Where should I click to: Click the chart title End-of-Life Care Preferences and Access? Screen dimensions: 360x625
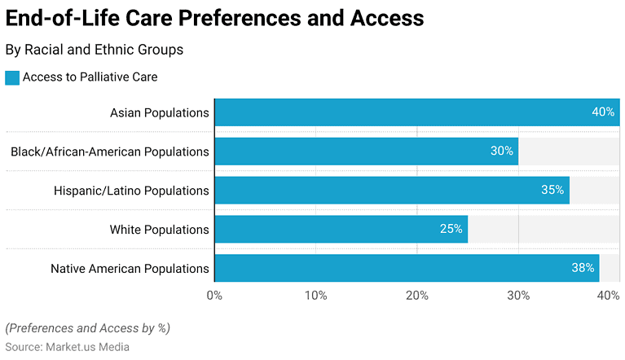click(214, 19)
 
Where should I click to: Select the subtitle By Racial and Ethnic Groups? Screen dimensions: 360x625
click(94, 50)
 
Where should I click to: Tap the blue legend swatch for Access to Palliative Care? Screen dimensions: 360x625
click(12, 77)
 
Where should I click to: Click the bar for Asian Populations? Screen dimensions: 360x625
click(416, 112)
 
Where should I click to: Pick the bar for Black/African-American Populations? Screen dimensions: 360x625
click(366, 151)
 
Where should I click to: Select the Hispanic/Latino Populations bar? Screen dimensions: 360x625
click(391, 191)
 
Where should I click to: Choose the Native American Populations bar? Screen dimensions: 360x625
click(407, 268)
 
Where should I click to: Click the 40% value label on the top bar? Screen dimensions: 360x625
click(603, 112)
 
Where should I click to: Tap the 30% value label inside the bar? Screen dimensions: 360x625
click(502, 151)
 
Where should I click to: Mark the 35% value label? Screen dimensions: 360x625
click(552, 191)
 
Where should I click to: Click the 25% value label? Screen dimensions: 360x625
click(451, 230)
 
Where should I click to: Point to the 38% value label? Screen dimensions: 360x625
click(583, 268)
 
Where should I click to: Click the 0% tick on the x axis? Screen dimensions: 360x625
click(214, 295)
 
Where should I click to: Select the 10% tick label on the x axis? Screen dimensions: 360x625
click(316, 295)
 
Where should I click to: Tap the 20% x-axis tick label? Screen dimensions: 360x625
click(417, 295)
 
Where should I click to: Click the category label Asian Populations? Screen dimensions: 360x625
click(159, 112)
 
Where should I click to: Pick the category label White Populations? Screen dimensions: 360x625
click(159, 230)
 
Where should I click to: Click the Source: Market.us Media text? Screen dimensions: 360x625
click(68, 347)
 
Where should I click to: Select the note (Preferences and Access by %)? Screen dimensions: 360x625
click(87, 329)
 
